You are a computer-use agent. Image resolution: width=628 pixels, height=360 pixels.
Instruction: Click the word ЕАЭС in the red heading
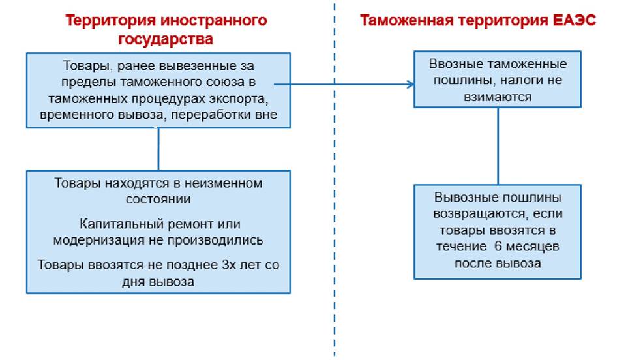(x=574, y=20)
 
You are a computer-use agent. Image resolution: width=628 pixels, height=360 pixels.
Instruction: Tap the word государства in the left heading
(x=166, y=39)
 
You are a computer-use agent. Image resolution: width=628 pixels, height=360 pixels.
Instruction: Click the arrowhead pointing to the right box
(x=410, y=84)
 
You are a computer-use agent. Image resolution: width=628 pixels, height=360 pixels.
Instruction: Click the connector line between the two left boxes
(x=158, y=149)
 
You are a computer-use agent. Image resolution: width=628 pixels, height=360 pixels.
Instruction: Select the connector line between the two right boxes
(x=498, y=146)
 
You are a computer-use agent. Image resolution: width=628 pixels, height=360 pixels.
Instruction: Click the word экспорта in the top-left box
(x=241, y=98)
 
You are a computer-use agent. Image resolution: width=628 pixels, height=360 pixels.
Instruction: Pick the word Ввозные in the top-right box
(x=456, y=64)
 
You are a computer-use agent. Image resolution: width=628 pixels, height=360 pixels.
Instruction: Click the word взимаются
(x=498, y=97)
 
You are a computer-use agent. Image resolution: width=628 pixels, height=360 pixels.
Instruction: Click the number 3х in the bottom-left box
(x=229, y=265)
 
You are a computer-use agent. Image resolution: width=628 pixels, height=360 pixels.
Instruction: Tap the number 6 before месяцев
(x=498, y=247)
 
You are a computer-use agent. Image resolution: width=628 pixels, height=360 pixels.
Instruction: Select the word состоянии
(x=158, y=200)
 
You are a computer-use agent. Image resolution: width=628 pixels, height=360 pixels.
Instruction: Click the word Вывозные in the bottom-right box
(x=464, y=197)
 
